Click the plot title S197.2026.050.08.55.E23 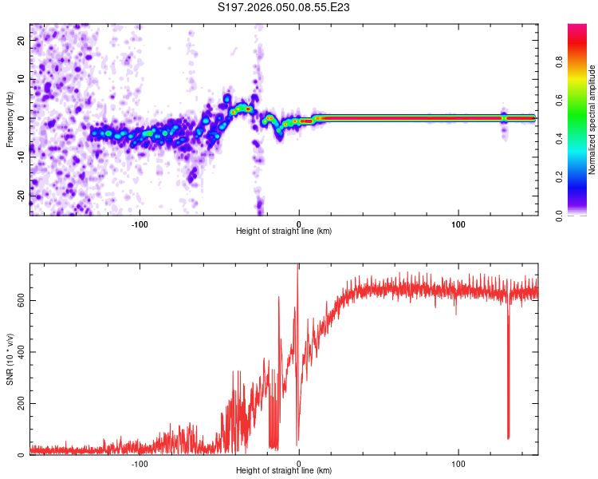click(x=285, y=8)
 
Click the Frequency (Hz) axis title click(x=10, y=120)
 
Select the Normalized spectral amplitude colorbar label click(x=592, y=120)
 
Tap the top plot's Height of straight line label click(x=284, y=231)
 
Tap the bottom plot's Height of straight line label click(x=284, y=470)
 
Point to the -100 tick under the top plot click(x=140, y=223)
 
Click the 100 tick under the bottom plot click(x=458, y=462)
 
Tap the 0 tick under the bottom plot click(x=299, y=462)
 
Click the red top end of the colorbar click(x=577, y=28)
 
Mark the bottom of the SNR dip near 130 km click(x=508, y=437)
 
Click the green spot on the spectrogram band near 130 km click(x=504, y=117)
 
